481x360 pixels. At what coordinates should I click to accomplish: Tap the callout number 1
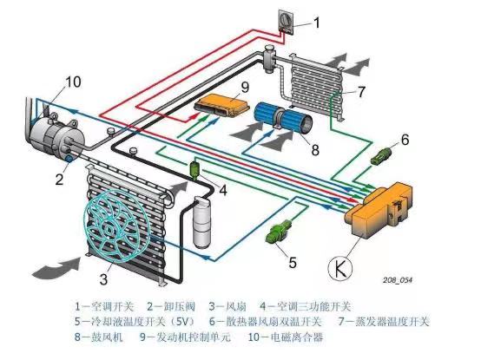click(x=316, y=23)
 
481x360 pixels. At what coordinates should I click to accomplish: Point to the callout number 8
click(x=315, y=148)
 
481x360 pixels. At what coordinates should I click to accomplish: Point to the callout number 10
click(x=72, y=82)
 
